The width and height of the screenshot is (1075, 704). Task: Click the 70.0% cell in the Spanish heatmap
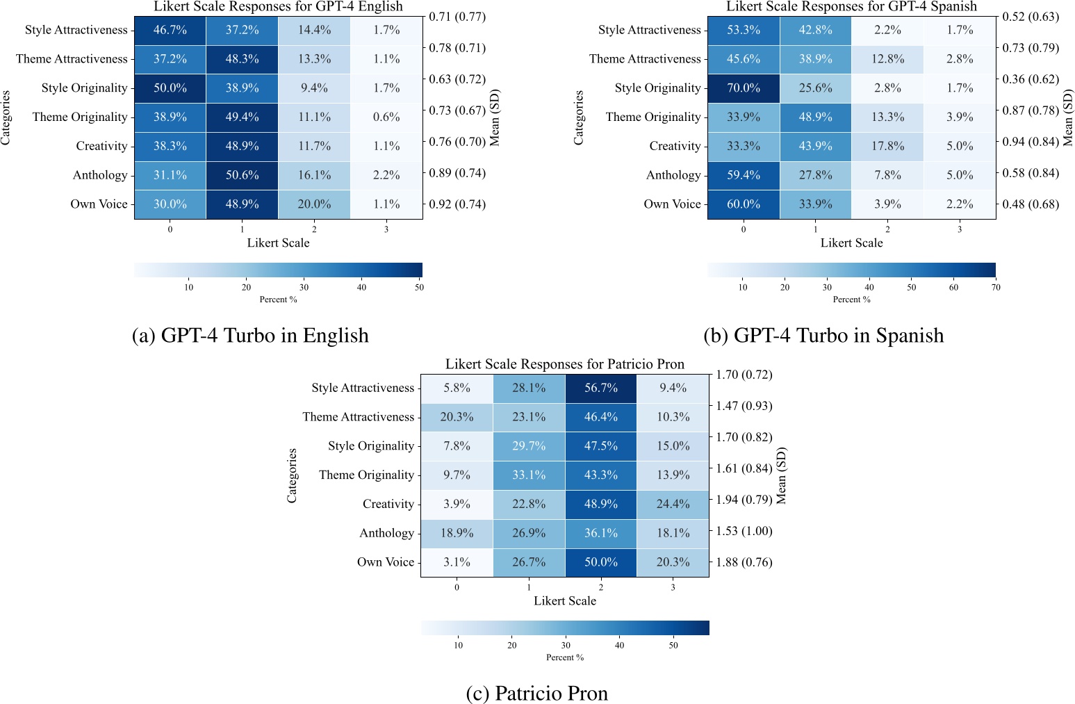743,88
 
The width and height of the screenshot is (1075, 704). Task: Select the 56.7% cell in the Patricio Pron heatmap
601,388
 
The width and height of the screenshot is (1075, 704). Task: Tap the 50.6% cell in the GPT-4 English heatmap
242,175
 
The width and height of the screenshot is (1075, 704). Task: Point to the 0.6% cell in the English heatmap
386,117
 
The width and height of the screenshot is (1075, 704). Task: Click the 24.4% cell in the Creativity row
673,504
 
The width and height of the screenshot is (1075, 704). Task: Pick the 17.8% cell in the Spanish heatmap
887,146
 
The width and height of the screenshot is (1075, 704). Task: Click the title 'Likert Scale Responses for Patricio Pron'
564,364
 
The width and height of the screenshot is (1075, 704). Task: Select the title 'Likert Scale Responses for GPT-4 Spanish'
851,7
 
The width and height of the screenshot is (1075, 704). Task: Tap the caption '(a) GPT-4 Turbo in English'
250,335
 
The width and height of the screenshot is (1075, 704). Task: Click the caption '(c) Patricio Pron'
536,693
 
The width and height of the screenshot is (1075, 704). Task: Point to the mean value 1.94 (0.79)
744,500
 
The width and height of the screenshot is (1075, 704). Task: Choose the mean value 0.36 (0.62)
1031,79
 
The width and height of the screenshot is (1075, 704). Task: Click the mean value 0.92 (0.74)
457,204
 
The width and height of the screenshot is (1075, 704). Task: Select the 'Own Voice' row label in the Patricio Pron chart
385,562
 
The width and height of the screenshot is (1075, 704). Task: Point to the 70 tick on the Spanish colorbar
995,287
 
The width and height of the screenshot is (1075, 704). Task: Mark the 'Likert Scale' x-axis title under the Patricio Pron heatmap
564,601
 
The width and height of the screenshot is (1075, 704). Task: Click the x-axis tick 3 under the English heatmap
386,229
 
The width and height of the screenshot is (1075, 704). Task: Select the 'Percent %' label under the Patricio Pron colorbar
564,657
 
